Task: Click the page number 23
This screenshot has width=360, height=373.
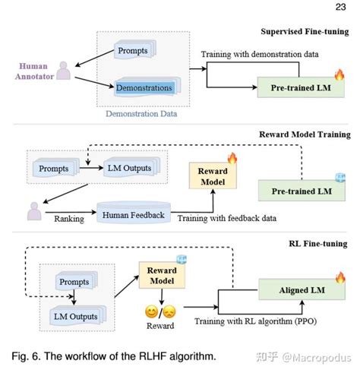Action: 338,8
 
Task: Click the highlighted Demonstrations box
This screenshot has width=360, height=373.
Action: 145,87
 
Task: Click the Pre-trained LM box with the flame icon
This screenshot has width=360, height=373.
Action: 301,87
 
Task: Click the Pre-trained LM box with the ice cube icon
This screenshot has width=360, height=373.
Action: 301,190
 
